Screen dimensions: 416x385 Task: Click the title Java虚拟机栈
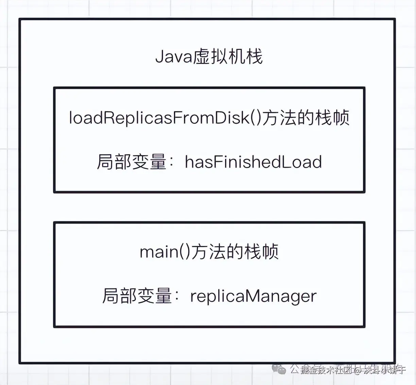209,56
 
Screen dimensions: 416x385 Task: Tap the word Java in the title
174,56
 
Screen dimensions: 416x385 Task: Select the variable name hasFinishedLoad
253,162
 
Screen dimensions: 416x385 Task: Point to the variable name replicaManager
253,296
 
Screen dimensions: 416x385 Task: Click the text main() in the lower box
164,252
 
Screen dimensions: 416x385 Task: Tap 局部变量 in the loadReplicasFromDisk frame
131,162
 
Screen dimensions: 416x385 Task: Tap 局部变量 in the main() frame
137,296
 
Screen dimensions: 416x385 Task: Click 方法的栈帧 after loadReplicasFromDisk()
306,118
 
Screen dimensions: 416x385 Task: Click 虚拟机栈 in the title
228,56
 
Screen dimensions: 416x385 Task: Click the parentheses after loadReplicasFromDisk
256,118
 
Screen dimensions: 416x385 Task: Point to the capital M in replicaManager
253,296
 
